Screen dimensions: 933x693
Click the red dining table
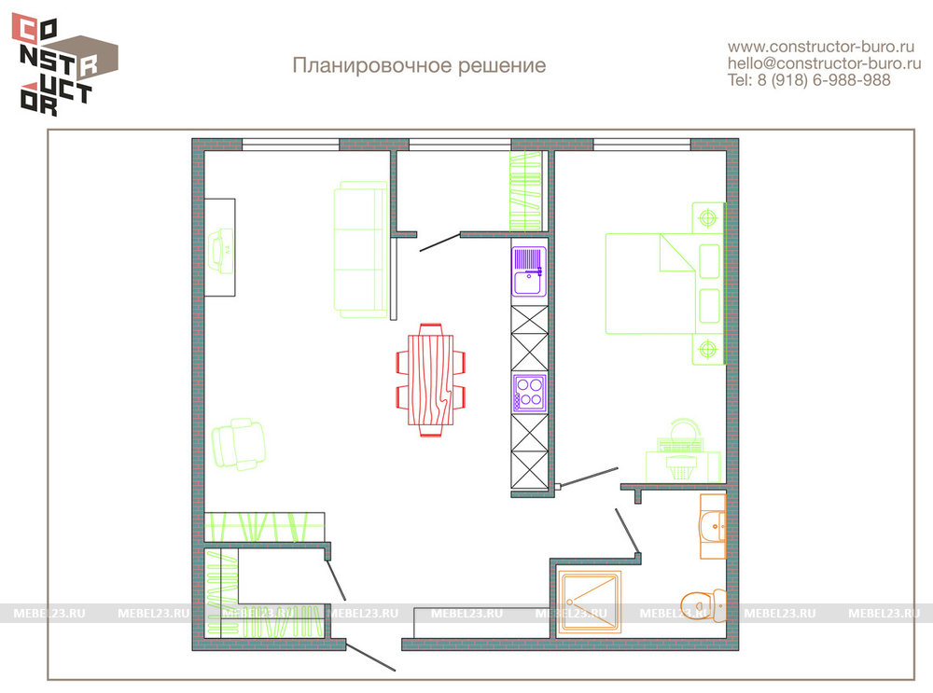[x=431, y=381]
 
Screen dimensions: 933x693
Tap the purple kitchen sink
[x=529, y=271]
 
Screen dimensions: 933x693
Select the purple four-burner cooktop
[x=530, y=393]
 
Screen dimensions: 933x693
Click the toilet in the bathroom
[x=703, y=605]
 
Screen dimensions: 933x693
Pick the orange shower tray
[x=589, y=602]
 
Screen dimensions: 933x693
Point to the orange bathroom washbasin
[x=713, y=526]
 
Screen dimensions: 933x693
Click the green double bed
[x=664, y=284]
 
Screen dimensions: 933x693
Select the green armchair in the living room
[x=238, y=444]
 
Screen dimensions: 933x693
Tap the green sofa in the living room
[x=360, y=250]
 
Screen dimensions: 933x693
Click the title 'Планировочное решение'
[x=419, y=65]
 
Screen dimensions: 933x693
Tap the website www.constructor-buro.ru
[x=820, y=47]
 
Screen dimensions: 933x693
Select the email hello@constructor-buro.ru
[x=824, y=63]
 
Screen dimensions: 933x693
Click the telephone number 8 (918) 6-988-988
[x=824, y=79]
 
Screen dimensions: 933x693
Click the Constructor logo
[x=65, y=64]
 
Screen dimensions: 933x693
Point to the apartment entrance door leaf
[x=370, y=658]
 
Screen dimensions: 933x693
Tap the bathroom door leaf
[x=627, y=532]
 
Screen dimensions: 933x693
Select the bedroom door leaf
[x=589, y=477]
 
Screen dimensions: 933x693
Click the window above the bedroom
[x=642, y=145]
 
